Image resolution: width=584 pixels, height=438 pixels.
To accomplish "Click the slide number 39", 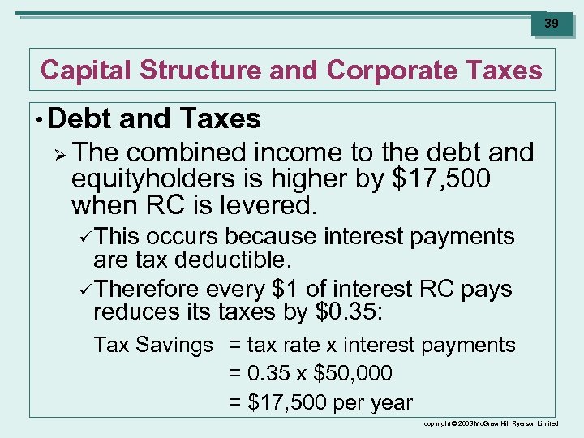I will (552, 24).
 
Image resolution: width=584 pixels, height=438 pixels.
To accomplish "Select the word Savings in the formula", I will (175, 345).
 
